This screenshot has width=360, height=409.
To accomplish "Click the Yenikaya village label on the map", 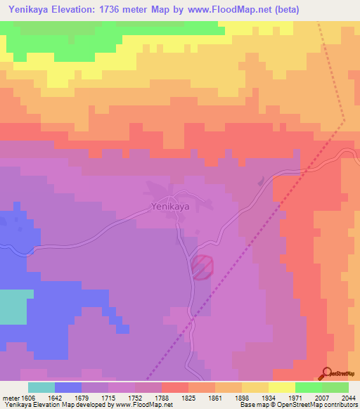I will tap(170, 207).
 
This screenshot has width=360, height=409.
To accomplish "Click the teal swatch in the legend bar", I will tap(41, 387).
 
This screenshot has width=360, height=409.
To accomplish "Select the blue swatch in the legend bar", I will tap(68, 387).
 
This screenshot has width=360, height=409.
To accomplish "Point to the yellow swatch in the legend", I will tap(282, 387).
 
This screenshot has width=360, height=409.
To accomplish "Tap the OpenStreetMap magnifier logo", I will tap(326, 372).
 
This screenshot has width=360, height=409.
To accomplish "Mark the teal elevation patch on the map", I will tap(15, 306).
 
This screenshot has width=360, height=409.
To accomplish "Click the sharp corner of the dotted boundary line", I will tap(344, 121).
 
